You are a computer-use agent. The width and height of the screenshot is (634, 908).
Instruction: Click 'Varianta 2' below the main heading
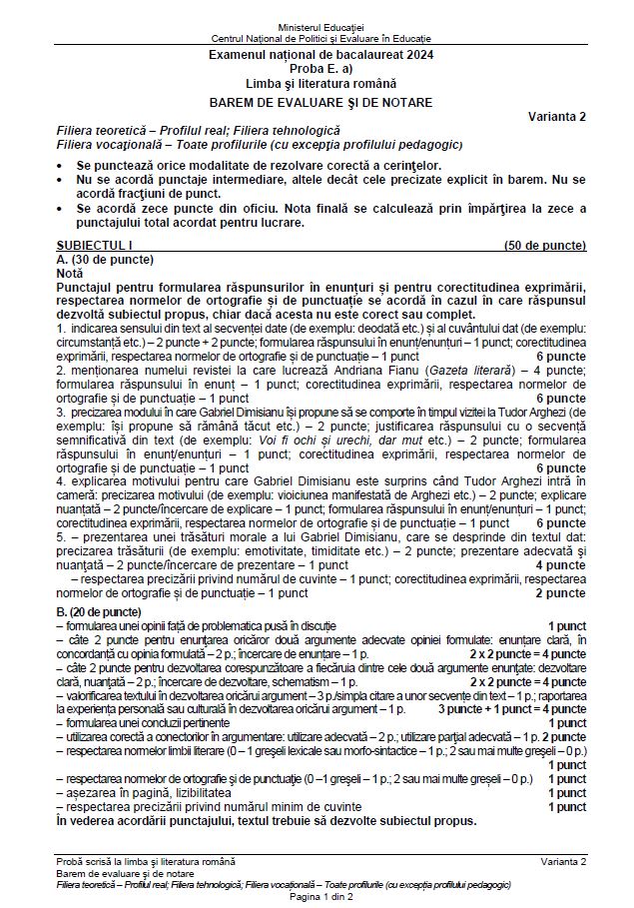click(x=557, y=116)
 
